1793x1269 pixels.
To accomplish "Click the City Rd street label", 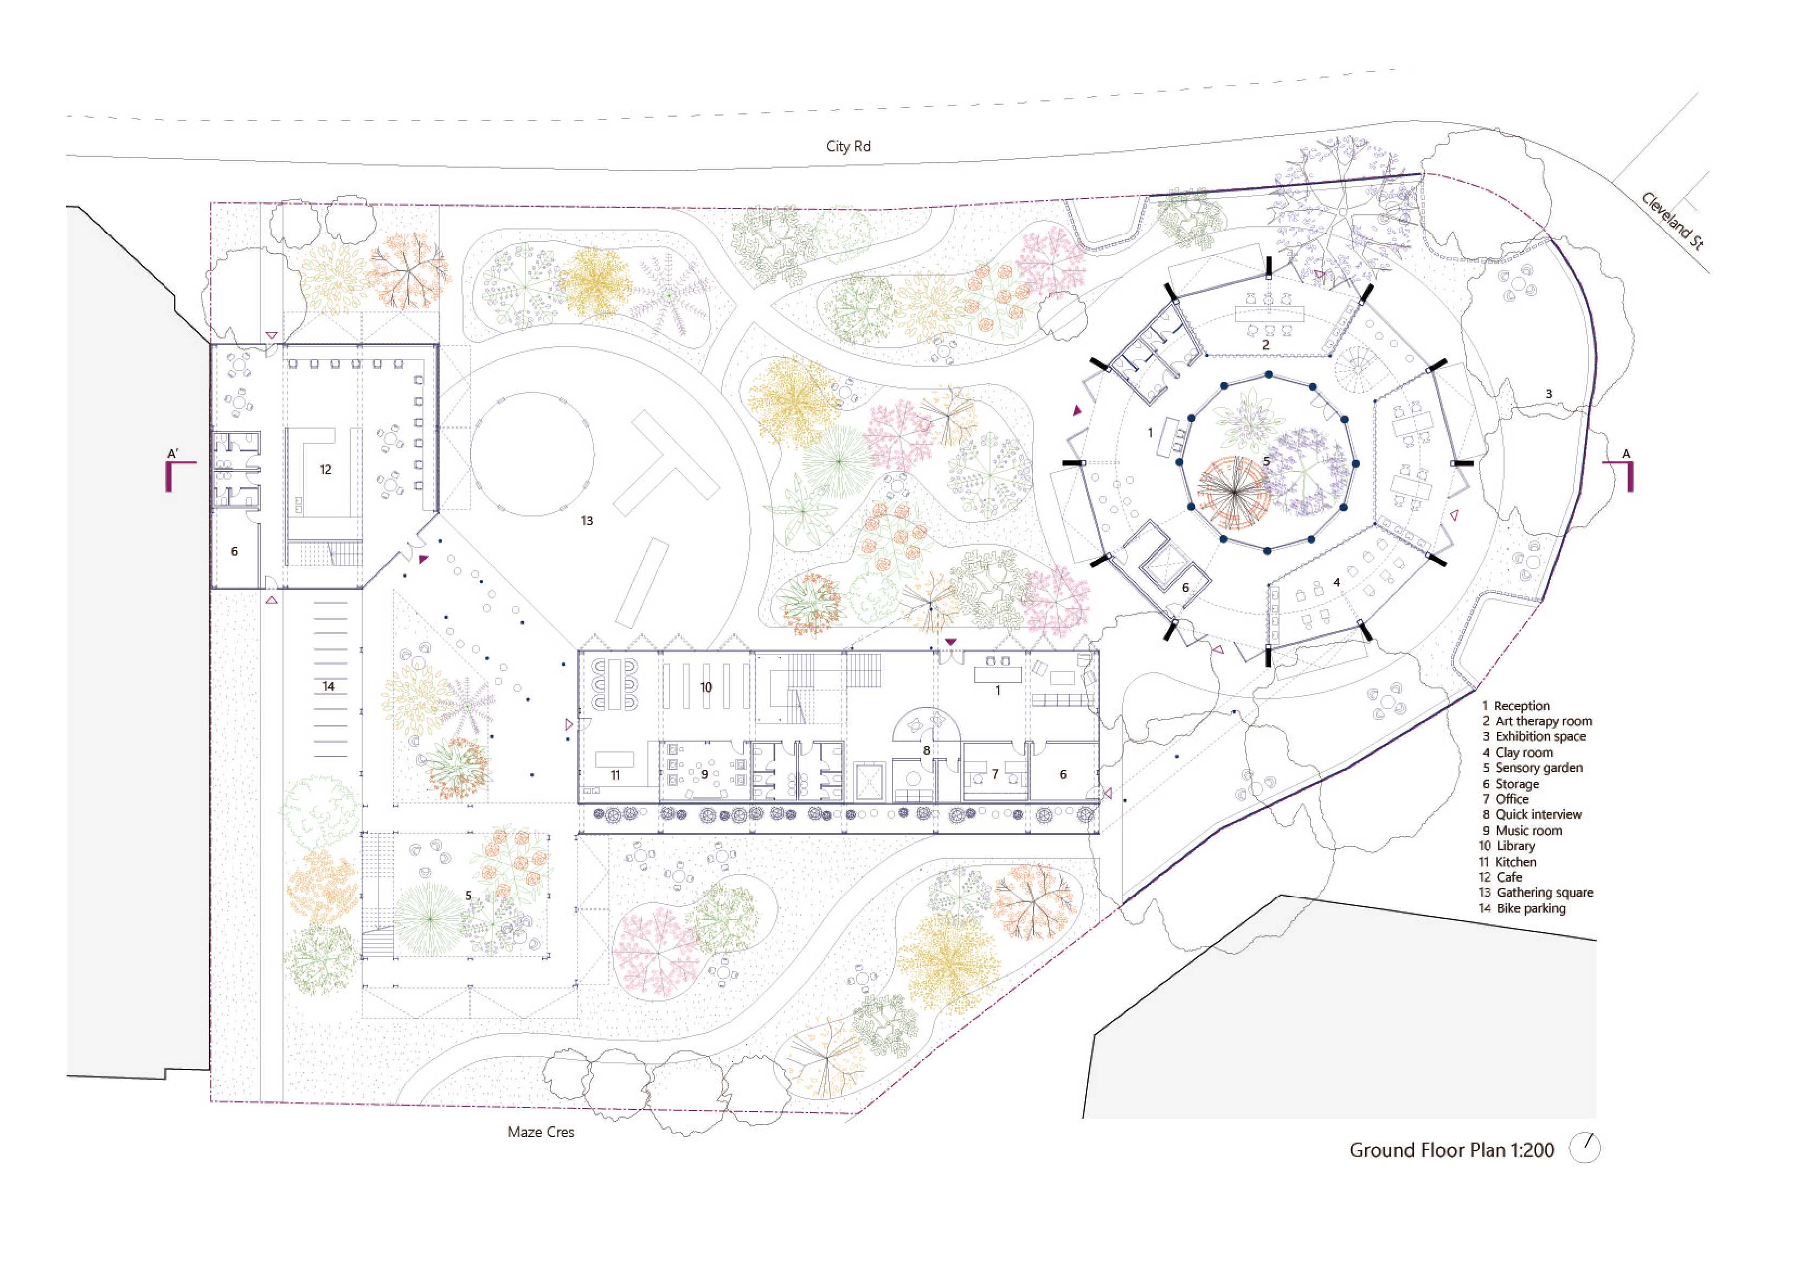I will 848,146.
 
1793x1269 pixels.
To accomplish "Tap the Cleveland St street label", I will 1673,221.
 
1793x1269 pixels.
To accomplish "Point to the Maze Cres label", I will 541,1132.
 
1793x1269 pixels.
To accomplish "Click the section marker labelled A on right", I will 1621,470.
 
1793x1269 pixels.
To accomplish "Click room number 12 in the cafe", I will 326,470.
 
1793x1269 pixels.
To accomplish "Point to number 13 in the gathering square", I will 587,520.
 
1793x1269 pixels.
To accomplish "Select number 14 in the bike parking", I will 329,686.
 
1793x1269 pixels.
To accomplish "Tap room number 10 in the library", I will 706,687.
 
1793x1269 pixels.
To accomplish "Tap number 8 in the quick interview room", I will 927,751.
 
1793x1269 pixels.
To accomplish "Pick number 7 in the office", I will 995,774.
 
